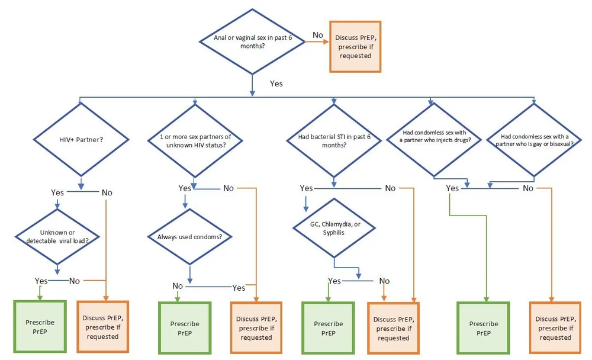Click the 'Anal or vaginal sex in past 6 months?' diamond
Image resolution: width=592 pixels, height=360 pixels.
point(253,41)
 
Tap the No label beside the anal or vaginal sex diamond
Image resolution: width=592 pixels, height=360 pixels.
point(318,35)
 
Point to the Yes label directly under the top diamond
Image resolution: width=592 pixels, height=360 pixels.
point(276,83)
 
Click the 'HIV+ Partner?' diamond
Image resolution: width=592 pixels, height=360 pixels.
point(81,141)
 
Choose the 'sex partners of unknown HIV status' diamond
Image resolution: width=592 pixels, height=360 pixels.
point(195,141)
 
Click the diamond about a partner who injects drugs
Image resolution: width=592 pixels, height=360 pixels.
point(432,140)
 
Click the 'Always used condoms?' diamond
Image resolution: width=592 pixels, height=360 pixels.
point(190,237)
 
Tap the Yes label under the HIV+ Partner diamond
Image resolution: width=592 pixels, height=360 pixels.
point(57,192)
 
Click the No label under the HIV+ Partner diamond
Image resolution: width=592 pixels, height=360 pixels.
point(107,192)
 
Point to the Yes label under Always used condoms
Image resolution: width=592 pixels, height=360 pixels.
point(239,288)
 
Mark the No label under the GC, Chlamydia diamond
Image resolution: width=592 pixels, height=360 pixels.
point(384,281)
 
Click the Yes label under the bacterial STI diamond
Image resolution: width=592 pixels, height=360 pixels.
point(306,188)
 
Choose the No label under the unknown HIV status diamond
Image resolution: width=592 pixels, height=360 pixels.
point(228,188)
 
